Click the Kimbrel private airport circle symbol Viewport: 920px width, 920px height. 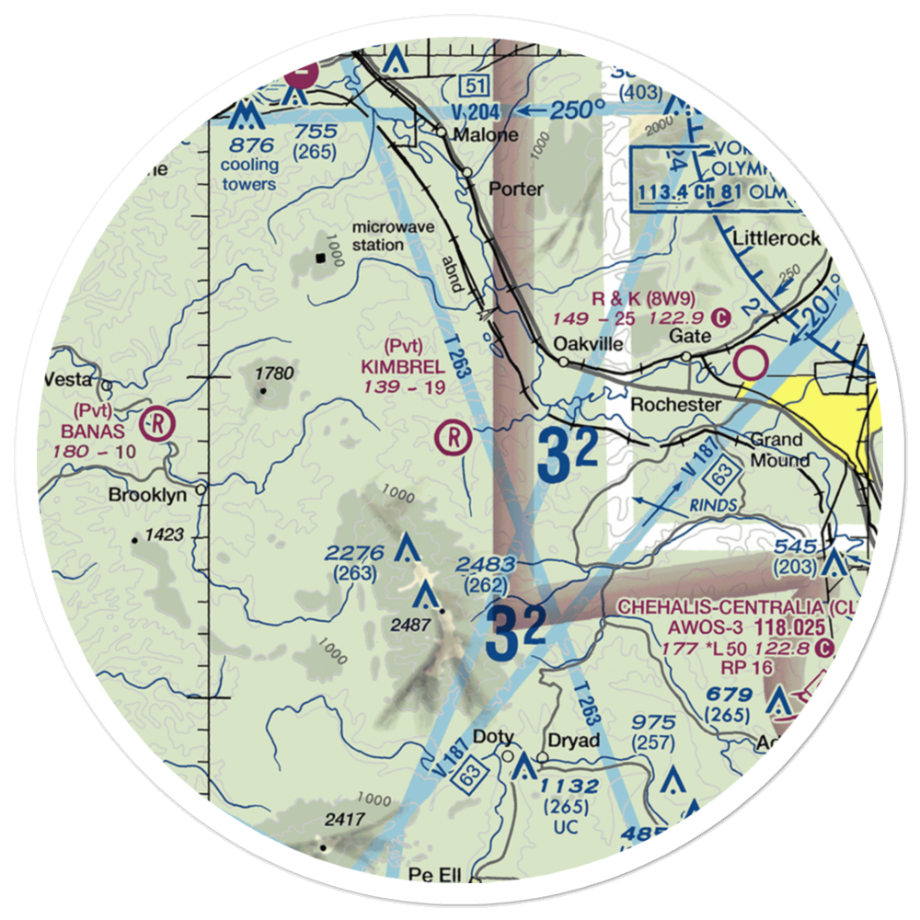coord(453,436)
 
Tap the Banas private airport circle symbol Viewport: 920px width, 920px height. coord(158,425)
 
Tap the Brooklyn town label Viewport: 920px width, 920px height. coord(147,495)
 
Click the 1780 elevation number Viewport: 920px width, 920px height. coord(275,374)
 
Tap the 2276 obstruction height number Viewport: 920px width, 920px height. coord(354,554)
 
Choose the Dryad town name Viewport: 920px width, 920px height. coord(573,741)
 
